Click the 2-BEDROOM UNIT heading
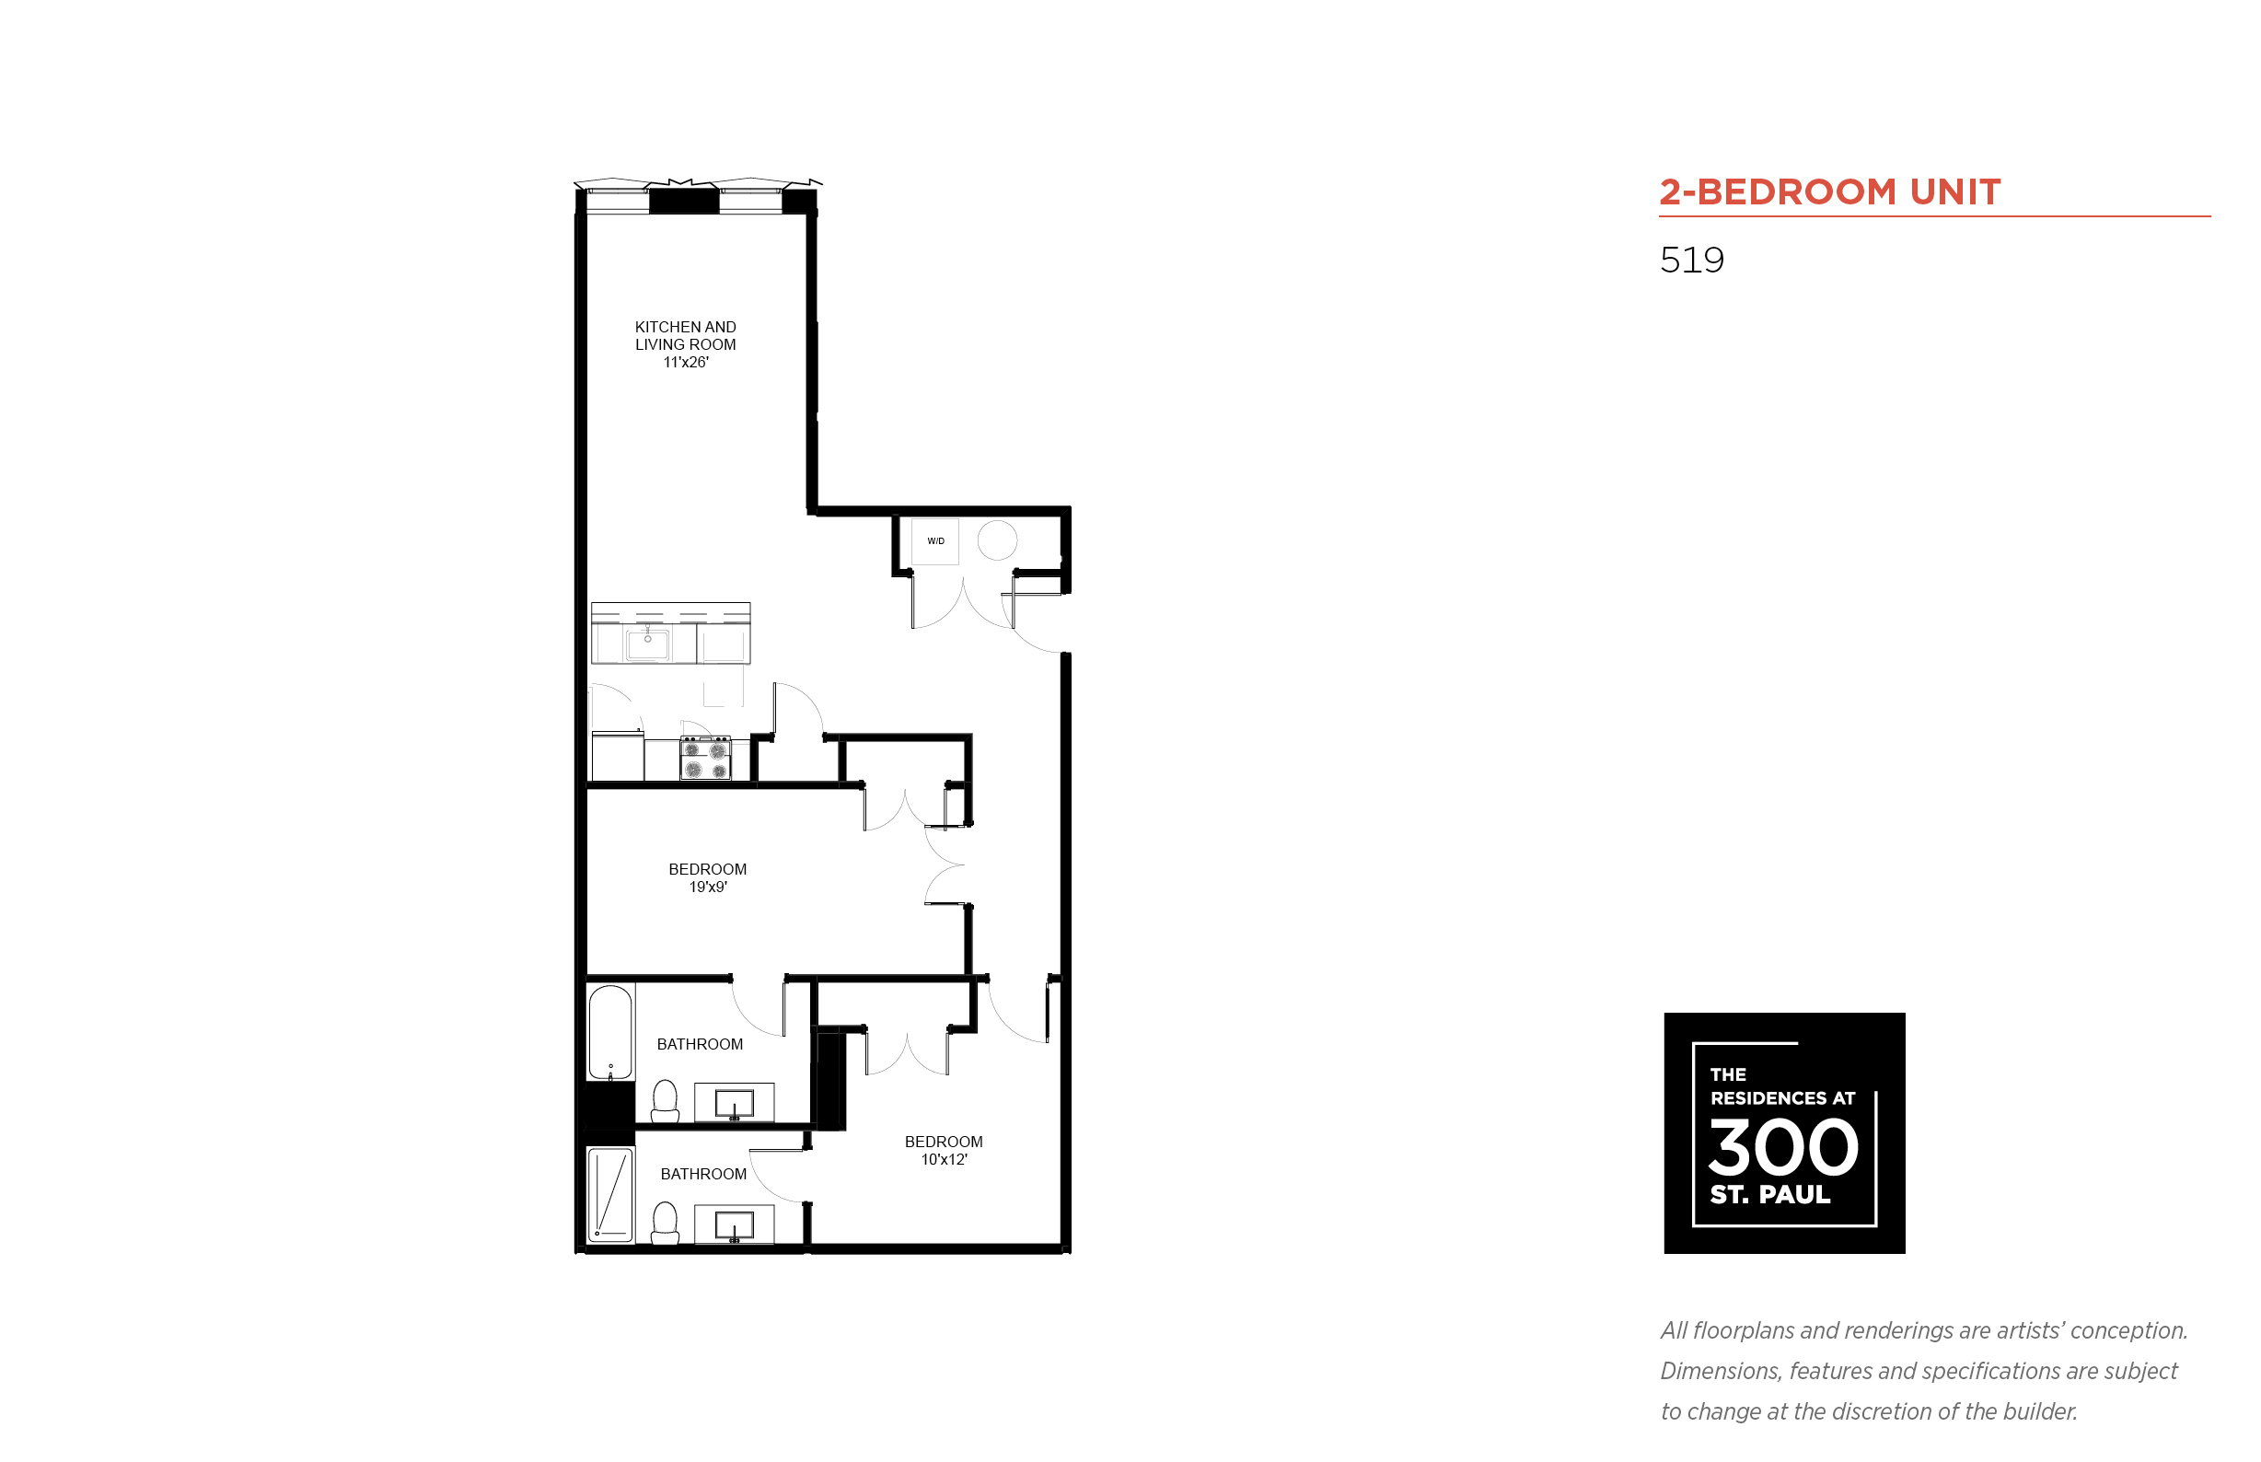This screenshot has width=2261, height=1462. [1829, 191]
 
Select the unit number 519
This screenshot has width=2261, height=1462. [1691, 261]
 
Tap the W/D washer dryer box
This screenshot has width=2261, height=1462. [935, 541]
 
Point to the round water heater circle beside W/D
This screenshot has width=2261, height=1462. [997, 540]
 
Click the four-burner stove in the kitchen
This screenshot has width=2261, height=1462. [705, 759]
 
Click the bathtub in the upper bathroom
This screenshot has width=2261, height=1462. [610, 1033]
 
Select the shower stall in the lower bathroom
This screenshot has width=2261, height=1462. [610, 1194]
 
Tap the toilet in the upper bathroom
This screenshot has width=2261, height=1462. [666, 1101]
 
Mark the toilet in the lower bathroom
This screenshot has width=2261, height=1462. [666, 1223]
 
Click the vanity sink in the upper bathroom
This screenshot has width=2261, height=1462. [734, 1103]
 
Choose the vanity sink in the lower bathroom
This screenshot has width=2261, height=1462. [734, 1224]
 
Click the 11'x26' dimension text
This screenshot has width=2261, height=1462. [685, 363]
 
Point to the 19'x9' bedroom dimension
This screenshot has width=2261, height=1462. [708, 888]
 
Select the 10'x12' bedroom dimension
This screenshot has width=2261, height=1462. [944, 1160]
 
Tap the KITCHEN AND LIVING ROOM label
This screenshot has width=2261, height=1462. [685, 336]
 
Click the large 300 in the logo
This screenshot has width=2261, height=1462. [1783, 1147]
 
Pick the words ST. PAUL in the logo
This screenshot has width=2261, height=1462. [1770, 1194]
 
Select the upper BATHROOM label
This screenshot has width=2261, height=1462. [700, 1044]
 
